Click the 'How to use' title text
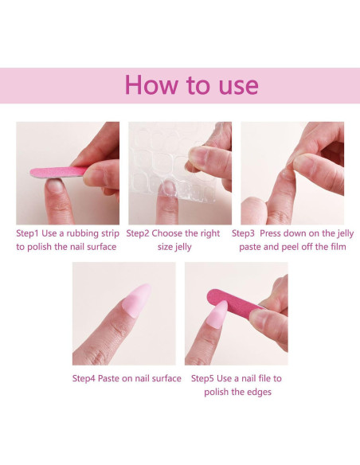pos(192,85)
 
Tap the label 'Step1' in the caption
pos(27,233)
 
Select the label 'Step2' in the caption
pos(138,233)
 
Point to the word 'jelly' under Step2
pos(183,248)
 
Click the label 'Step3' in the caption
pos(243,233)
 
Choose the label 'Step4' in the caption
pos(84,379)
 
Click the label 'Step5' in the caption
pos(202,379)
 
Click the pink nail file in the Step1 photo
pos(59,172)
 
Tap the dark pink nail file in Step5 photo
pos(235,300)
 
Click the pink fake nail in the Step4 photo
pos(137,299)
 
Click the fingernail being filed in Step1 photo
pos(55,185)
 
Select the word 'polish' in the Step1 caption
pos(40,248)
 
